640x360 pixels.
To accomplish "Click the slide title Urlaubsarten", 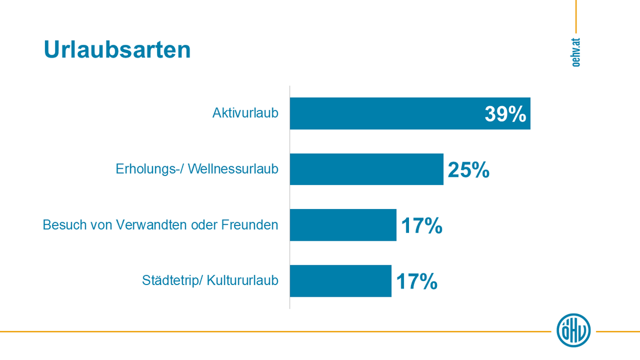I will pyautogui.click(x=117, y=50).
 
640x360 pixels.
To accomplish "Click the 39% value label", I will pyautogui.click(x=505, y=114).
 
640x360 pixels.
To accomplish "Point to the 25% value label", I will pyautogui.click(x=468, y=170).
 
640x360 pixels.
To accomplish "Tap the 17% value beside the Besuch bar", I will pyautogui.click(x=421, y=225).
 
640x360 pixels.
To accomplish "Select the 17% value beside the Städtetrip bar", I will pyautogui.click(x=416, y=281).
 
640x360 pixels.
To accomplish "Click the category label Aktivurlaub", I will pyautogui.click(x=245, y=113).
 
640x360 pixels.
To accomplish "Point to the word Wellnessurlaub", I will pyautogui.click(x=233, y=169).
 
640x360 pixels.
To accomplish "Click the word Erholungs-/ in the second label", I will pyautogui.click(x=149, y=169).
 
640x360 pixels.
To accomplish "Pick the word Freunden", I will pyautogui.click(x=249, y=225).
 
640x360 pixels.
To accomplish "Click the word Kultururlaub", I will pyautogui.click(x=243, y=280).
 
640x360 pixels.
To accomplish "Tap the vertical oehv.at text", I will pyautogui.click(x=576, y=53).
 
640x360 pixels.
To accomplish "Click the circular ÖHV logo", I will pyautogui.click(x=574, y=330).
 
